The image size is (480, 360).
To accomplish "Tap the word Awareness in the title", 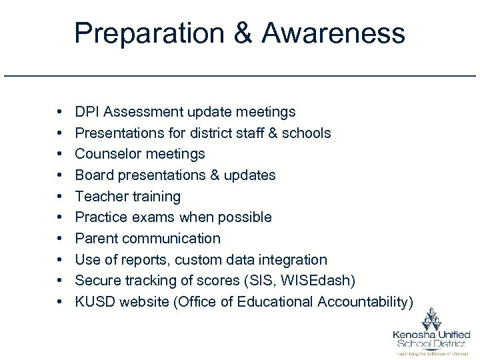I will tap(333, 33).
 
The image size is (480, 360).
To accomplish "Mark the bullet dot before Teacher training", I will tap(60, 197).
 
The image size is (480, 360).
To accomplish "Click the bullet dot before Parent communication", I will tap(60, 239).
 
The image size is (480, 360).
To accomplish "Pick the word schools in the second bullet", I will tap(306, 133).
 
